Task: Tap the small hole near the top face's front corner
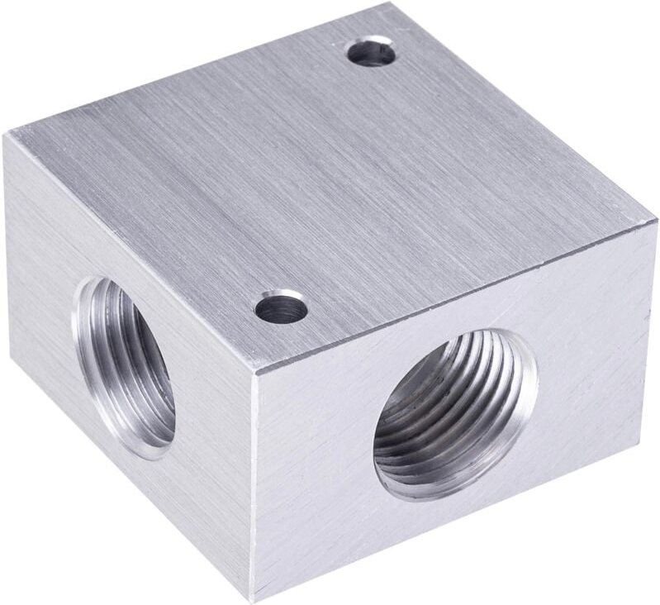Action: coord(281,309)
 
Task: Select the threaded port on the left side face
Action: coord(127,367)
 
